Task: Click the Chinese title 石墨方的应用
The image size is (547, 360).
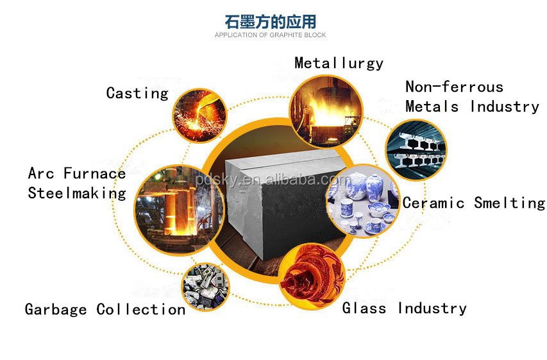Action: coord(270,21)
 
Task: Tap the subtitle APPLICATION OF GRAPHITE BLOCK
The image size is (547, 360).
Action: coord(270,35)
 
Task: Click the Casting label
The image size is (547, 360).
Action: coord(137,93)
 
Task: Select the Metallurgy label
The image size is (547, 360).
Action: coord(339,63)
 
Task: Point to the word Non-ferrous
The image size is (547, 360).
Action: coord(454,87)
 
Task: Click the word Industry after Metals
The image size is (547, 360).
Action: coord(505,107)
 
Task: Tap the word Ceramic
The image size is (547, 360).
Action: coord(433,203)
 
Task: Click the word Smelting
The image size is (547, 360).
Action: coord(509,203)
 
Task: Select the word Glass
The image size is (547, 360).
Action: coord(364,309)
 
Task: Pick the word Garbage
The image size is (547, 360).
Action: coord(56,310)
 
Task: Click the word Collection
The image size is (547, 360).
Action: coord(141,310)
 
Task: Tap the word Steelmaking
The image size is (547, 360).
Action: coord(77,193)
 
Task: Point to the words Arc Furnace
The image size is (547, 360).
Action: coord(77,173)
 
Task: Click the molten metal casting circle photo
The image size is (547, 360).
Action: coord(198,115)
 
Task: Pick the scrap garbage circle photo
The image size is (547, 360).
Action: coord(205,287)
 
